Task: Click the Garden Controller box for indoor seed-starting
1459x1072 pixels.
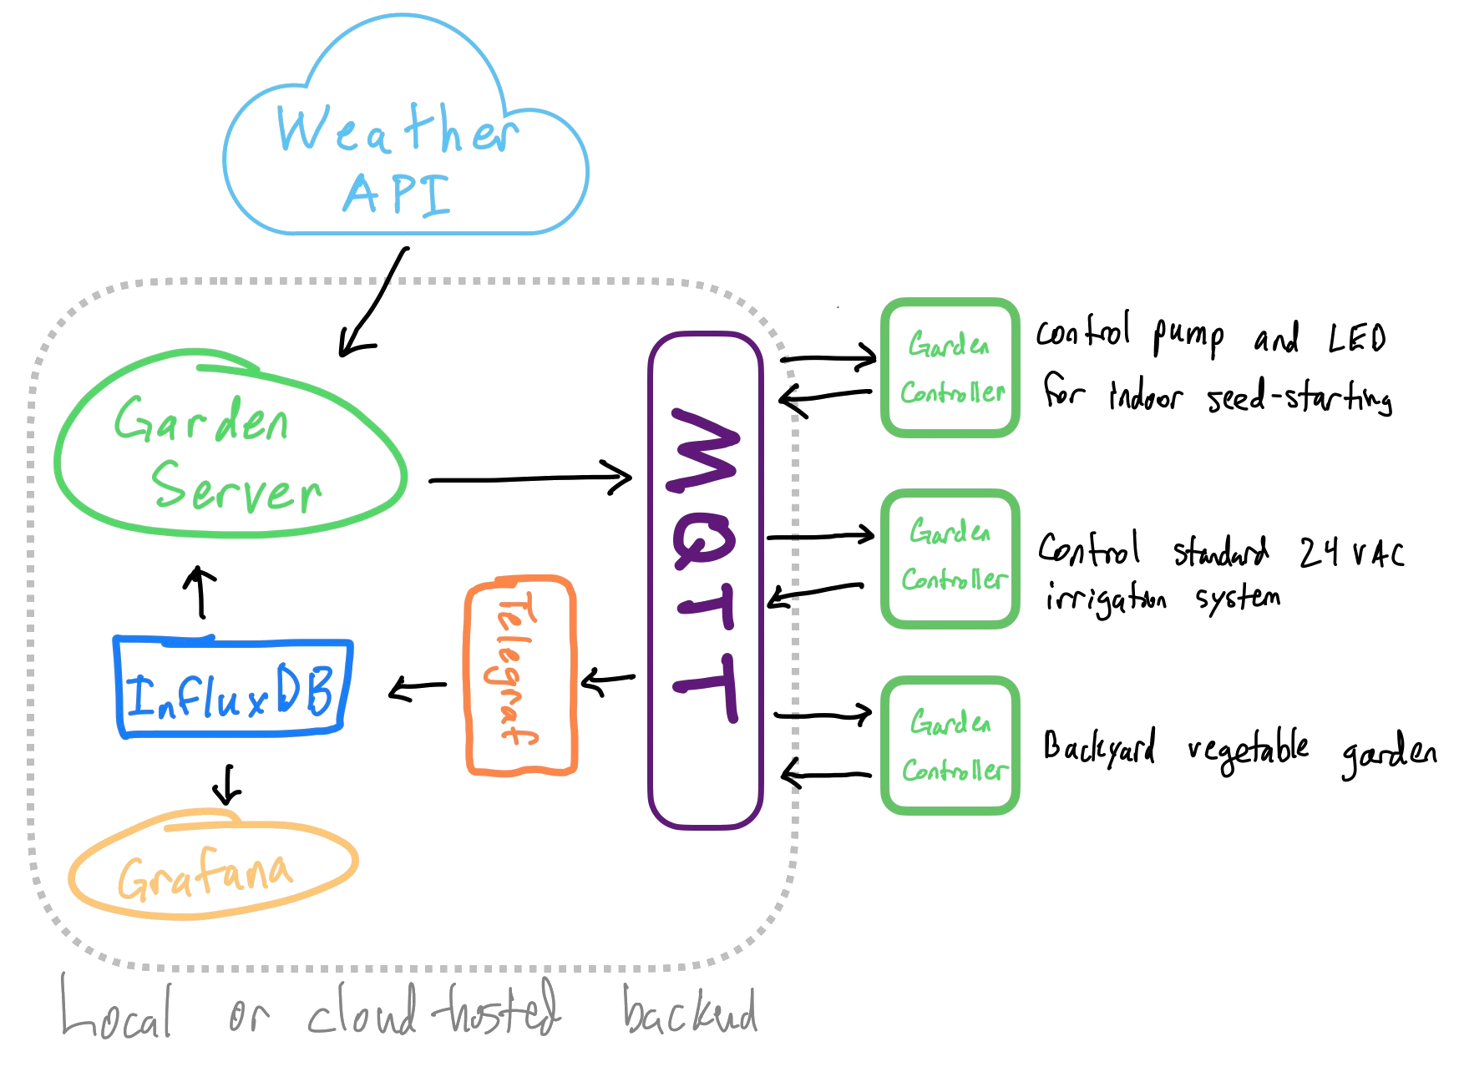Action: click(950, 368)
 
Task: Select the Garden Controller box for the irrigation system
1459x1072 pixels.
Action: click(950, 557)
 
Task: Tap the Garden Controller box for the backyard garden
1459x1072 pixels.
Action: click(950, 746)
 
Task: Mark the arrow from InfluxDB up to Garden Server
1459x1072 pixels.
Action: click(200, 593)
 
